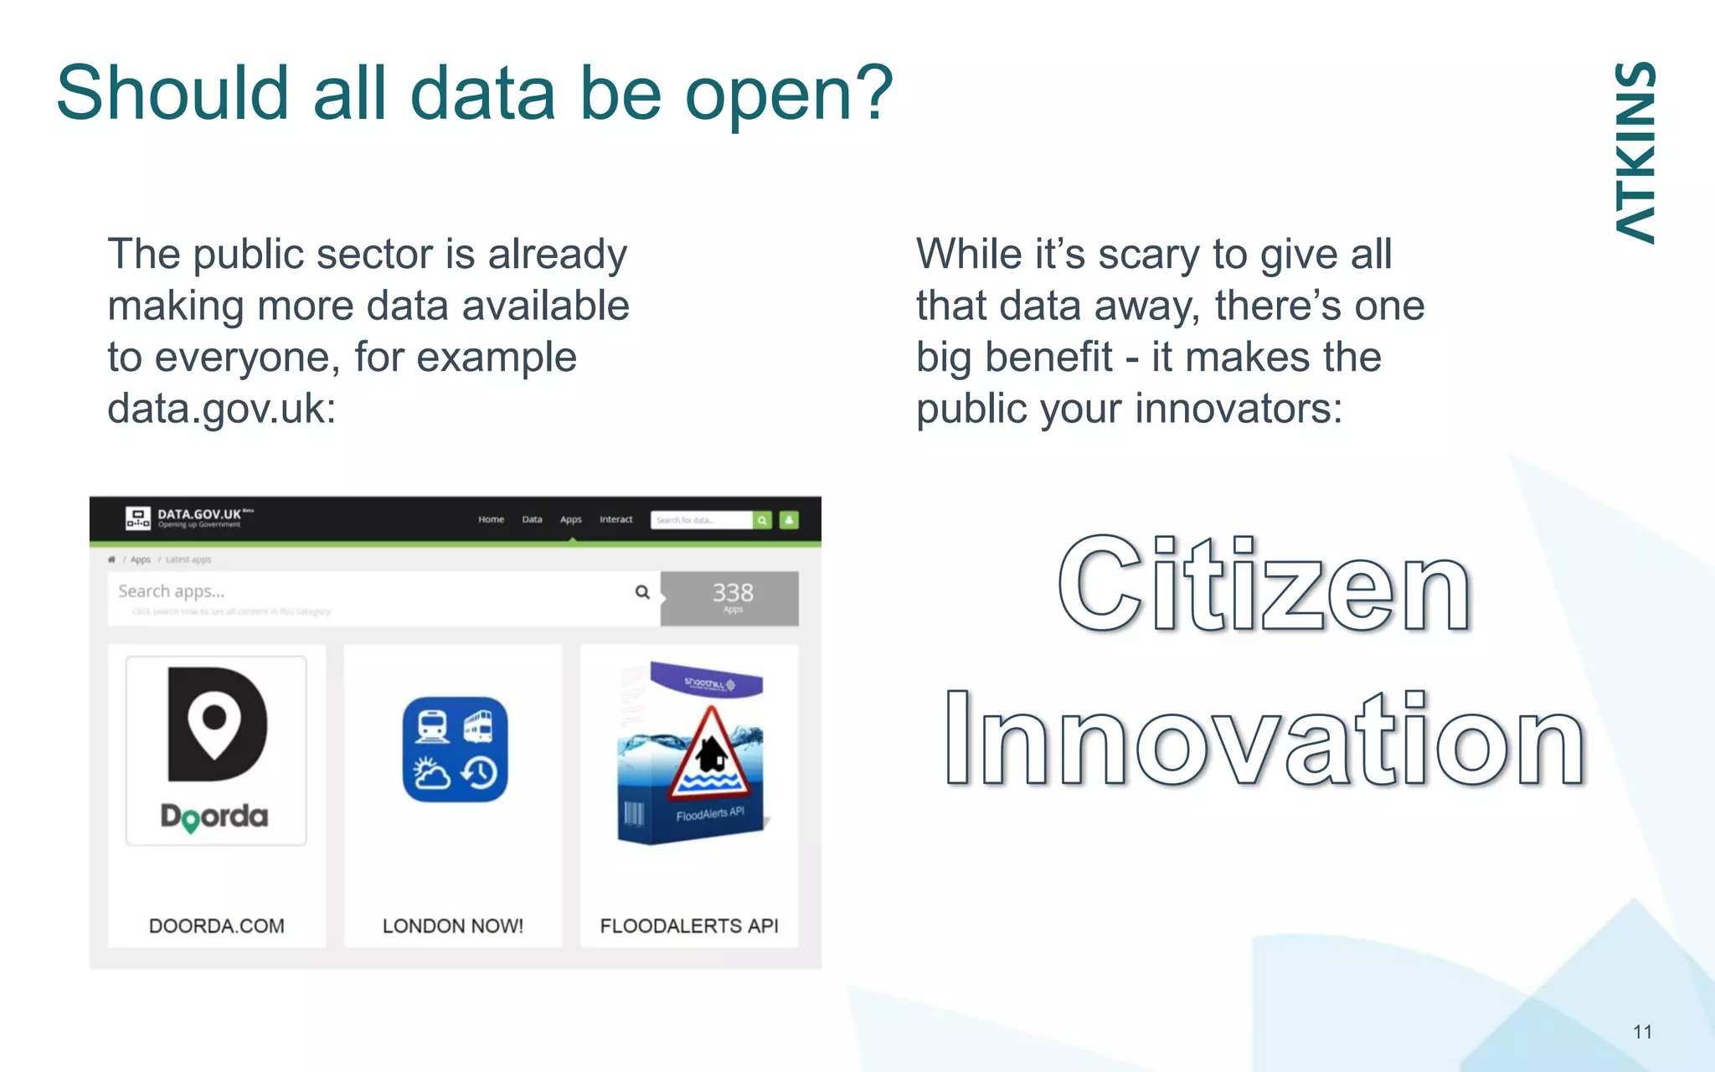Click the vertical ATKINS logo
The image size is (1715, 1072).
click(x=1635, y=152)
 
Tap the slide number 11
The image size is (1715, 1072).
click(x=1642, y=1032)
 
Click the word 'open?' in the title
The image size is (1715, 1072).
click(x=789, y=94)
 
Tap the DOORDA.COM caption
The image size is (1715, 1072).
click(x=216, y=925)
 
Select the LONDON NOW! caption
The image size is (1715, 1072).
click(x=452, y=925)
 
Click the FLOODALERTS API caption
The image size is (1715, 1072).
click(x=688, y=925)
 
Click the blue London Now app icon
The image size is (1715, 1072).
click(x=455, y=750)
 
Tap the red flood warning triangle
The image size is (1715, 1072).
click(x=710, y=754)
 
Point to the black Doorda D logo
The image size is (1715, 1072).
click(x=216, y=724)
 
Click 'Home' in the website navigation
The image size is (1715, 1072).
click(x=491, y=519)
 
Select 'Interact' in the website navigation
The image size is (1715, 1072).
click(x=615, y=519)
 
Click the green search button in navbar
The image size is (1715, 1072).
click(x=762, y=520)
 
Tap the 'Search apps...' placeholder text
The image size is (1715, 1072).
click(x=171, y=591)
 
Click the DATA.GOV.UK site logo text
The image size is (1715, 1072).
click(x=199, y=514)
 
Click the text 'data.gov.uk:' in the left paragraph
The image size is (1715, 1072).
click(x=221, y=410)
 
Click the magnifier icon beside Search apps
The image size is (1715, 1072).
click(x=642, y=592)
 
